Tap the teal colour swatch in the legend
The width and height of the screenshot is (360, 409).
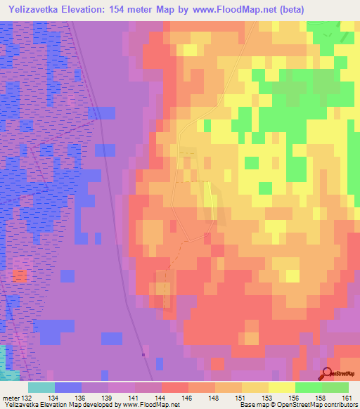pos(41,387)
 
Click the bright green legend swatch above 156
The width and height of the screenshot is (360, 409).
pos(308,387)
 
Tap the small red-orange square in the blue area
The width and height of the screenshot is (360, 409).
pos(20,275)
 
